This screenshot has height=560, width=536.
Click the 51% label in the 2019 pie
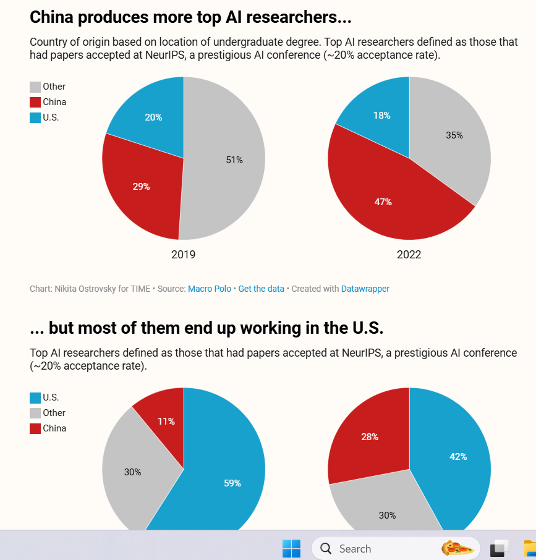point(234,160)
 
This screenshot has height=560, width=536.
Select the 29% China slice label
point(141,186)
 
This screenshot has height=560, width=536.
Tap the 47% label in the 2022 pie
point(383,202)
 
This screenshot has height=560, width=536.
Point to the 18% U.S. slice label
point(381,116)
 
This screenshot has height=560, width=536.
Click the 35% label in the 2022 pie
point(454,135)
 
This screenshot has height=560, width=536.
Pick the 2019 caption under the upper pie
point(183,255)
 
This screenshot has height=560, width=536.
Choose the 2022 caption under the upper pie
point(409,255)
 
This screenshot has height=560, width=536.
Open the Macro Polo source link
point(210,289)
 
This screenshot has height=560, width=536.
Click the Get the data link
point(261,289)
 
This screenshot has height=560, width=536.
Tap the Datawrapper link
point(365,289)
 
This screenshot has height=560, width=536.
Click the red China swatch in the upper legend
point(35,103)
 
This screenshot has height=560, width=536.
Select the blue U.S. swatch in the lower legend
point(35,398)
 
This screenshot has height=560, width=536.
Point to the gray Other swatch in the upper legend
point(35,87)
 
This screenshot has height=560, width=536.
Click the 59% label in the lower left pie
point(232,483)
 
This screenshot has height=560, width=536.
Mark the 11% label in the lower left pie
point(166,422)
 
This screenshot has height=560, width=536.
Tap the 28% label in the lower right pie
point(370,437)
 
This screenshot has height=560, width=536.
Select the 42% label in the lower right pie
point(458,457)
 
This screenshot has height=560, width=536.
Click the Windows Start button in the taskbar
point(291,548)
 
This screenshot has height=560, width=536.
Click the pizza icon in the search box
point(457,548)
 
